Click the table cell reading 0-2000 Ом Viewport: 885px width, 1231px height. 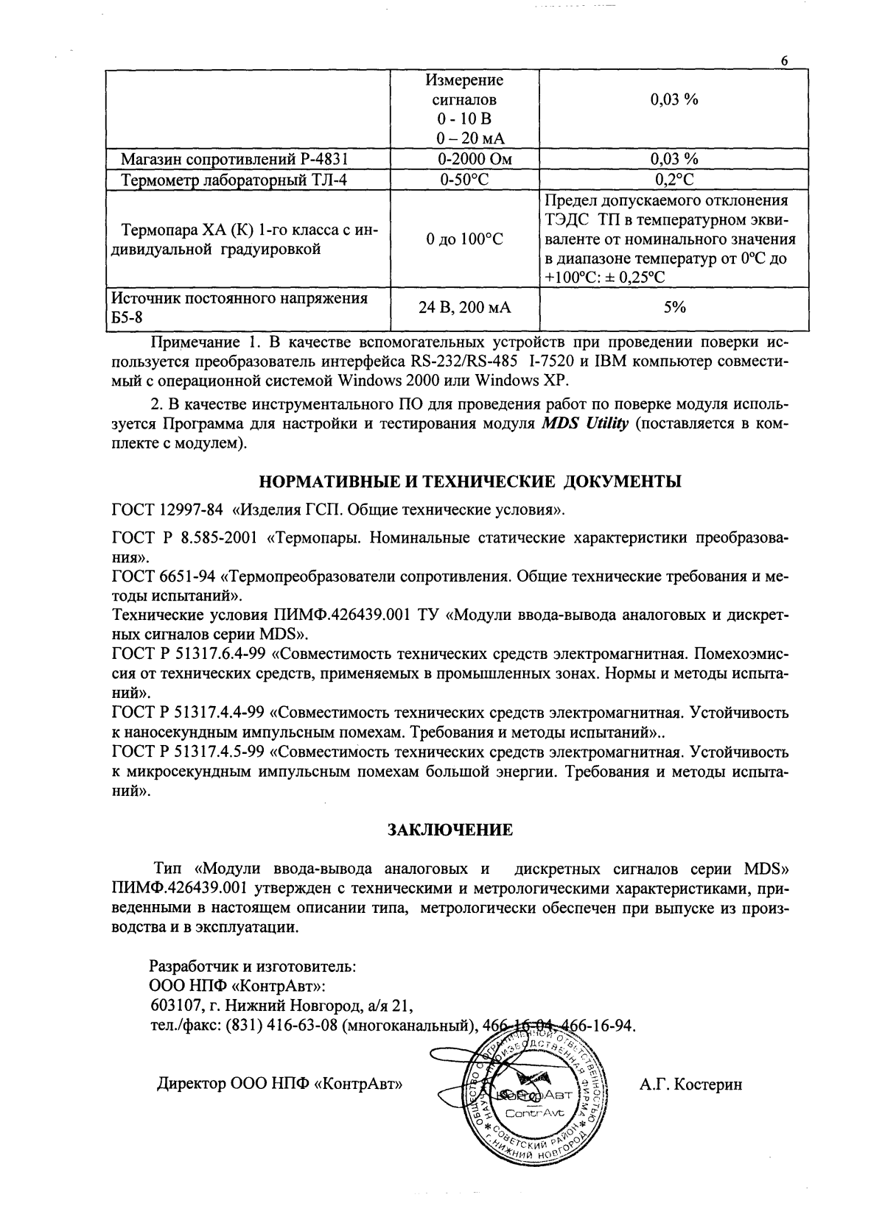[x=464, y=159]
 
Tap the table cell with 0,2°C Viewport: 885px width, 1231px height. [x=674, y=180]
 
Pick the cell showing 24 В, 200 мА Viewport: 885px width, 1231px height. [x=464, y=308]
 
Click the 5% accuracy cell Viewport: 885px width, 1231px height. [x=674, y=308]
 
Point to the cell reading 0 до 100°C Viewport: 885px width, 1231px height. [x=464, y=239]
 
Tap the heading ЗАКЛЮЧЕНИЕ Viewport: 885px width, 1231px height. [x=450, y=830]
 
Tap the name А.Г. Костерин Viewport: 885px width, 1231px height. [x=690, y=1084]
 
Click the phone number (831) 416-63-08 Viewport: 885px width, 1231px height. [x=281, y=1026]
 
